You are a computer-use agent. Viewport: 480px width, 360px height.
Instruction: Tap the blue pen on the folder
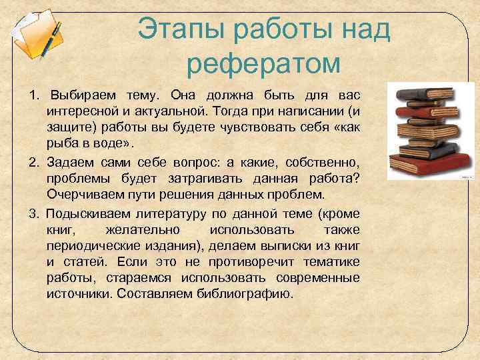click(x=49, y=40)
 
